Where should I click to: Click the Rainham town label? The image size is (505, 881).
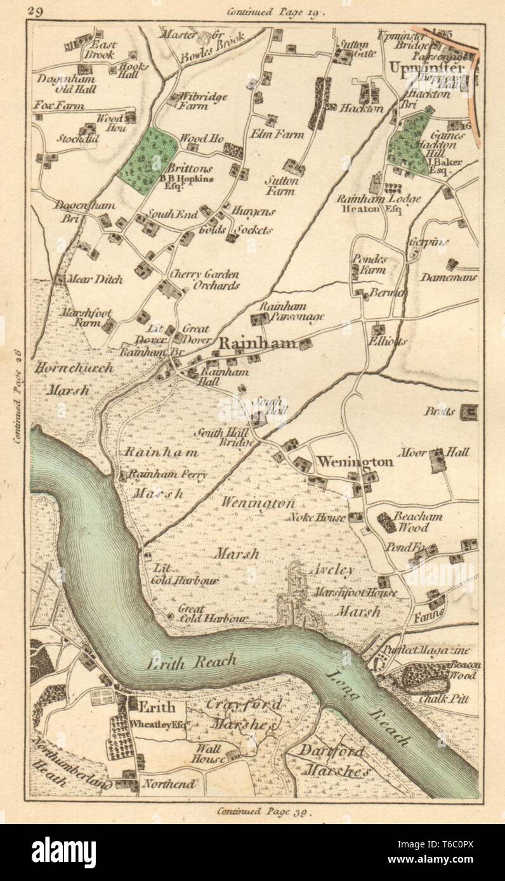coord(258,344)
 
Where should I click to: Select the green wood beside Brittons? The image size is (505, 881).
coord(148,160)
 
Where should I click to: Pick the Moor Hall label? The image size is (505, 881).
coord(435,452)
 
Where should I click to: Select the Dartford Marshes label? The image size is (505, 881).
coord(336,761)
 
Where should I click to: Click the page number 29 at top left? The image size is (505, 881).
coord(36,11)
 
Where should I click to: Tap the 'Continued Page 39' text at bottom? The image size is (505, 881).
coord(263,810)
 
